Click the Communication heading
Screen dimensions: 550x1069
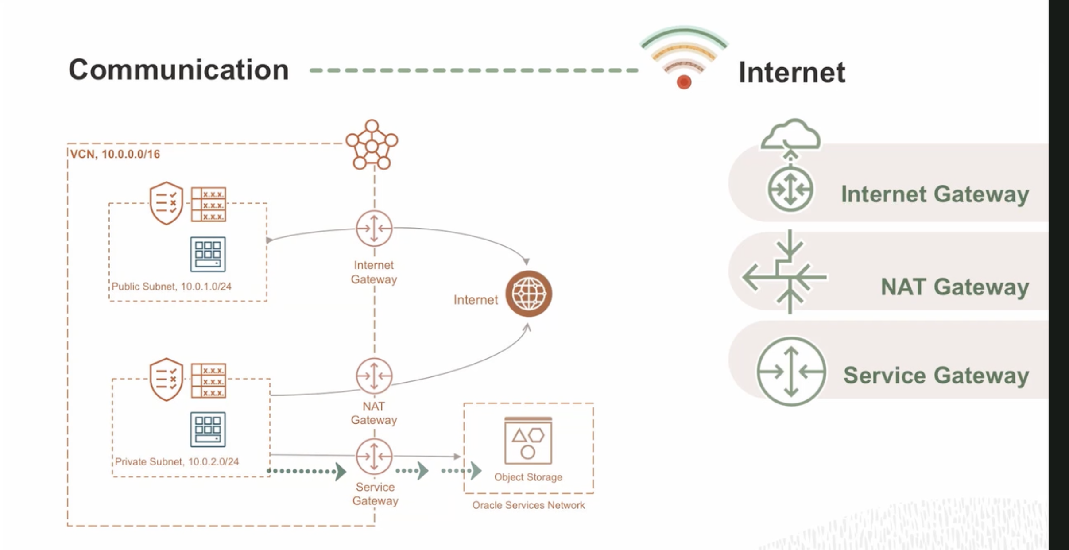point(178,70)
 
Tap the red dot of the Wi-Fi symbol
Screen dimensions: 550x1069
point(684,82)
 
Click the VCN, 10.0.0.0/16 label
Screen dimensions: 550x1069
point(115,154)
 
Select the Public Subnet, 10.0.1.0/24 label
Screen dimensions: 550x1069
point(171,287)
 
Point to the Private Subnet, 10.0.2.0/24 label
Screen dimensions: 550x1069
point(177,461)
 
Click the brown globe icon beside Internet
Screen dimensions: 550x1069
point(528,294)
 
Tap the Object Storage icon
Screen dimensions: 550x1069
point(528,441)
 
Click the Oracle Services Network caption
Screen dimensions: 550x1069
point(528,505)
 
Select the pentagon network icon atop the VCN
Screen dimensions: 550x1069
point(372,145)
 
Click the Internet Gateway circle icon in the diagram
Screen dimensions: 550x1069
point(374,229)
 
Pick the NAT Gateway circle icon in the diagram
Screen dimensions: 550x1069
point(374,376)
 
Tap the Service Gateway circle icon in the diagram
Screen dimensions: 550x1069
point(374,456)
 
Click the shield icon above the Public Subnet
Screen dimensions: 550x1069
point(166,203)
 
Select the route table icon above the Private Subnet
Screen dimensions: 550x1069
point(208,381)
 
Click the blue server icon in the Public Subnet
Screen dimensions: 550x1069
point(208,254)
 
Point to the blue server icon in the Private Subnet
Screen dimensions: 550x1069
point(208,430)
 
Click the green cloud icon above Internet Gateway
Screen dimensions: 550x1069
point(790,135)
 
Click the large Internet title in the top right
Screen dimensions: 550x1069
point(792,72)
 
